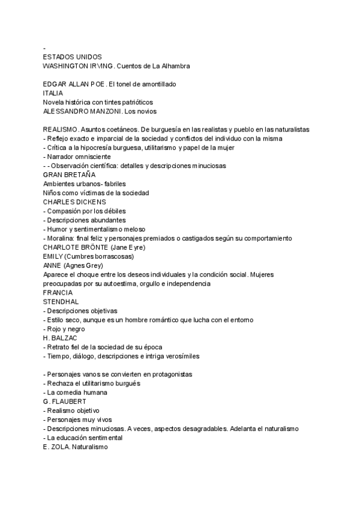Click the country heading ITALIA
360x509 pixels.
coord(53,93)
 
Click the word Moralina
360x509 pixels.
coord(62,238)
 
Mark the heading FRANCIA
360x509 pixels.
coord(58,292)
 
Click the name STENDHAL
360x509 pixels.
coord(61,301)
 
